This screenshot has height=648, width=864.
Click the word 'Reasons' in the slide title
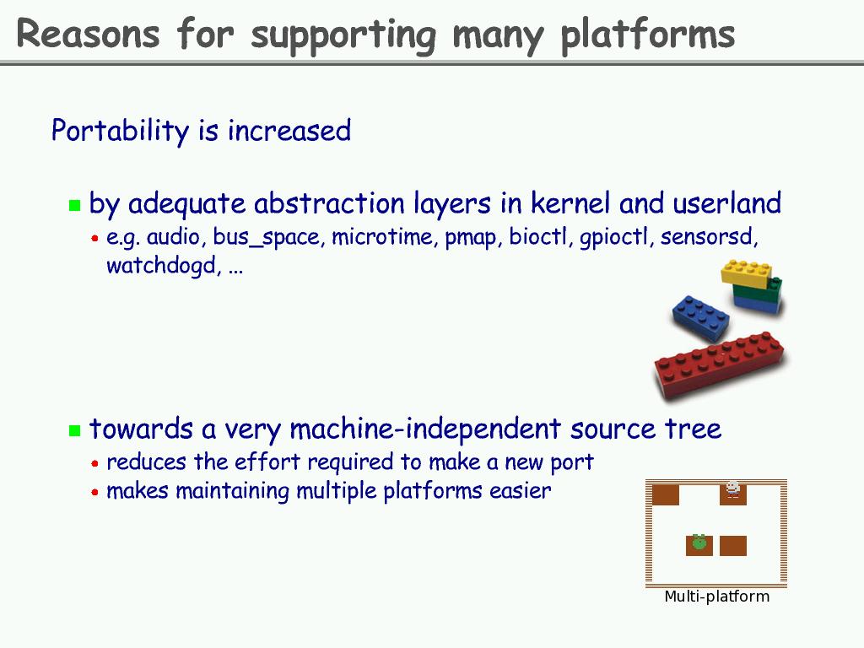[88, 34]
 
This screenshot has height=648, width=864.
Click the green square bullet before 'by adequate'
[74, 205]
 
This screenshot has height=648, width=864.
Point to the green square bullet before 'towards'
[74, 430]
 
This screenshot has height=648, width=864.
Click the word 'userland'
[726, 203]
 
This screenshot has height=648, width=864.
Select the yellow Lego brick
[746, 272]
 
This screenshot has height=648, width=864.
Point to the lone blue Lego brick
[700, 317]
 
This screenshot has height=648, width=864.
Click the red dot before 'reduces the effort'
[95, 463]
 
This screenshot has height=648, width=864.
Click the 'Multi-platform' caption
[716, 597]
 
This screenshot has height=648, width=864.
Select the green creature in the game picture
[699, 543]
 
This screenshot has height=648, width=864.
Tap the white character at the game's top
[732, 489]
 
